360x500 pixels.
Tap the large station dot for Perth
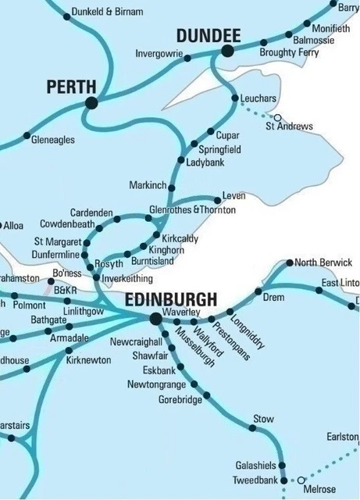pyautogui.click(x=92, y=102)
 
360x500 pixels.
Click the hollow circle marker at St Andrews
pyautogui.click(x=276, y=118)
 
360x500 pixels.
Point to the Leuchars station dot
pyautogui.click(x=235, y=98)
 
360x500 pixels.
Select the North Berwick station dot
pyautogui.click(x=290, y=262)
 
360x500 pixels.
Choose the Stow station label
pyautogui.click(x=263, y=420)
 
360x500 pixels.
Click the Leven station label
pyautogui.click(x=233, y=195)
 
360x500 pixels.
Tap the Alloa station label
pyautogui.click(x=13, y=226)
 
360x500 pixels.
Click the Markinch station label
pyautogui.click(x=148, y=185)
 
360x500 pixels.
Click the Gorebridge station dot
pyautogui.click(x=206, y=398)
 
